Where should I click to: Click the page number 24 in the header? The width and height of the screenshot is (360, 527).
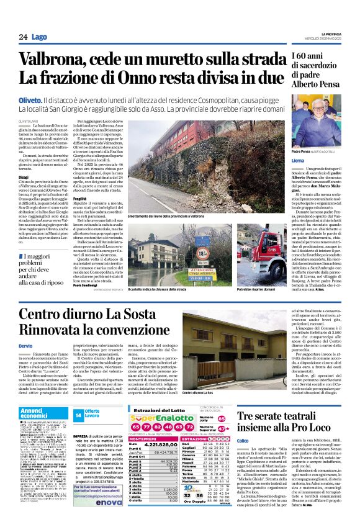point(23,37)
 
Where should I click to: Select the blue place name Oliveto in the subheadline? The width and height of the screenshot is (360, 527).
point(30,99)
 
